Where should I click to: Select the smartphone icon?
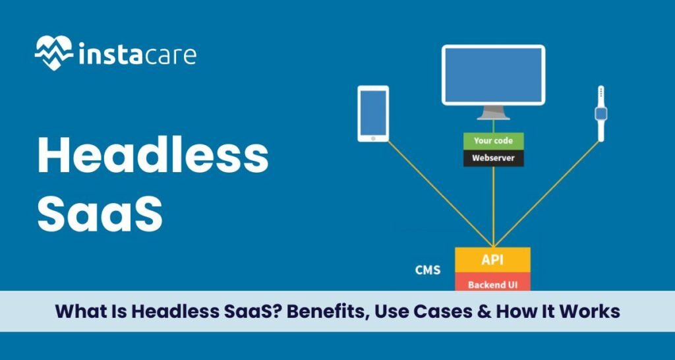[373, 113]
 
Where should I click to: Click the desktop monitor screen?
[493, 75]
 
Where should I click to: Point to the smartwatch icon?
[601, 113]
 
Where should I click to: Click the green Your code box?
[493, 140]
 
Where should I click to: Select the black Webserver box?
[493, 158]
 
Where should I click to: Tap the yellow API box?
[492, 259]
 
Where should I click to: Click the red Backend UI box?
[492, 284]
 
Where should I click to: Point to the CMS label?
[428, 270]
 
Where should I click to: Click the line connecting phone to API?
[435, 191]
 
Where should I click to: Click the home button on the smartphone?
[373, 137]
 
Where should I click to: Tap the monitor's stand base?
[493, 117]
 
